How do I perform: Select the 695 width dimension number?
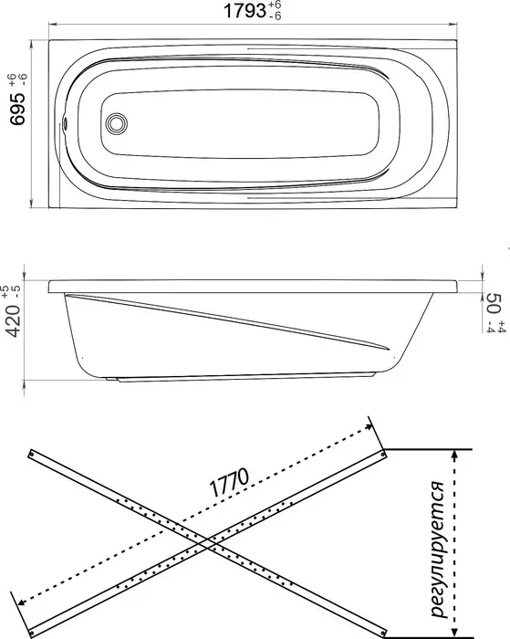[x=18, y=109]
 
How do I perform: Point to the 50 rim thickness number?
[x=494, y=302]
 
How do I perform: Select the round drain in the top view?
[x=116, y=123]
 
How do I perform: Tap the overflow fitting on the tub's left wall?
[x=64, y=123]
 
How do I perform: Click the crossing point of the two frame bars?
[x=208, y=544]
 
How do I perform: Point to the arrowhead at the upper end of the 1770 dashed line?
[x=369, y=426]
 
